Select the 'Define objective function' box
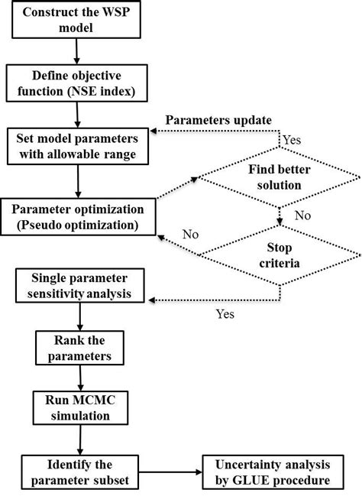pos(78,85)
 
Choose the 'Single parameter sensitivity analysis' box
pos(79,287)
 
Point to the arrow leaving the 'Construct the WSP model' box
pos(76,50)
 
